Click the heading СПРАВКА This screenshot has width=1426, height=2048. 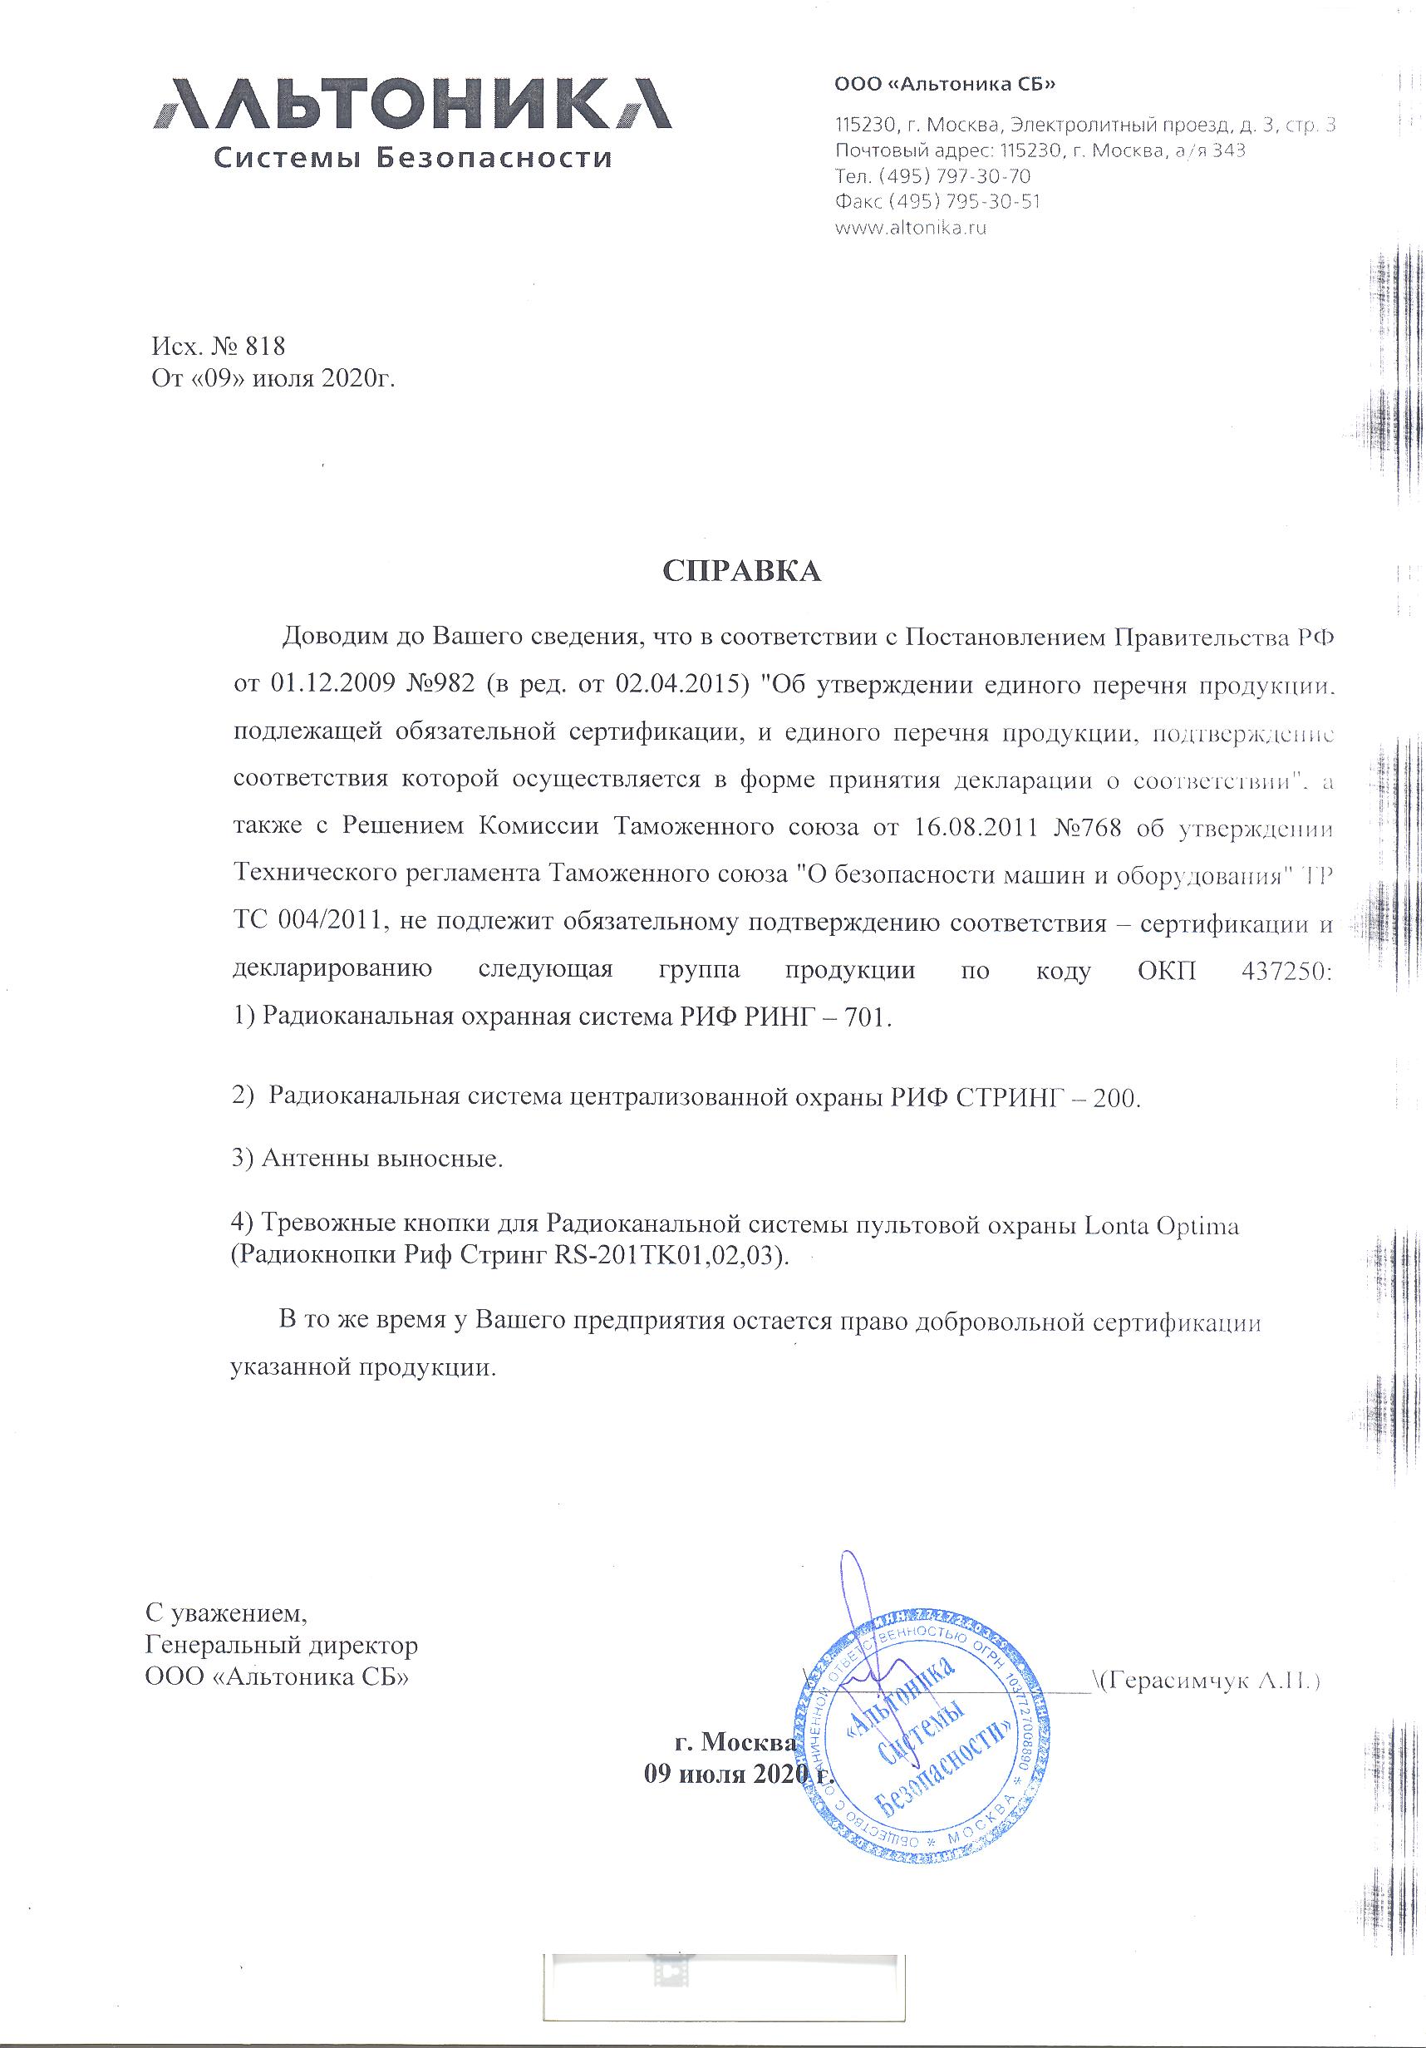(x=740, y=572)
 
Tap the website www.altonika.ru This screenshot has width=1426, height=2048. (x=911, y=228)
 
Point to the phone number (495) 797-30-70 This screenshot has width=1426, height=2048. (x=955, y=175)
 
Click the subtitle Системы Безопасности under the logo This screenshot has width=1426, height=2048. (x=413, y=159)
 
